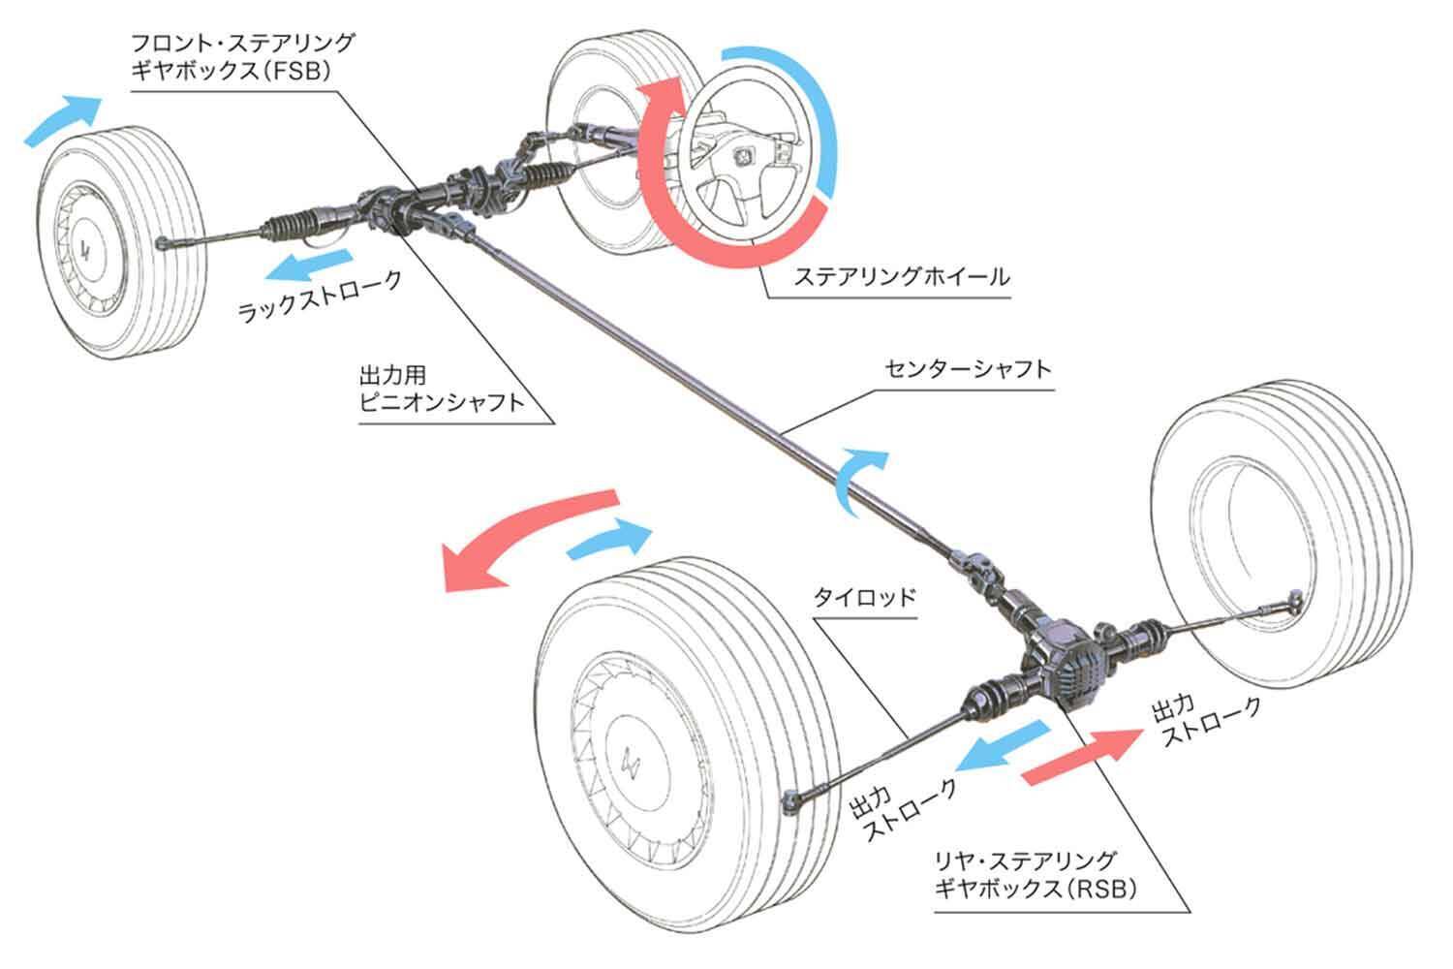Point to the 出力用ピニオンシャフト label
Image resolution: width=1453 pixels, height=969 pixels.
[x=441, y=387]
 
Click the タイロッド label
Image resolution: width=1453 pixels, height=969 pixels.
[x=863, y=596]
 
